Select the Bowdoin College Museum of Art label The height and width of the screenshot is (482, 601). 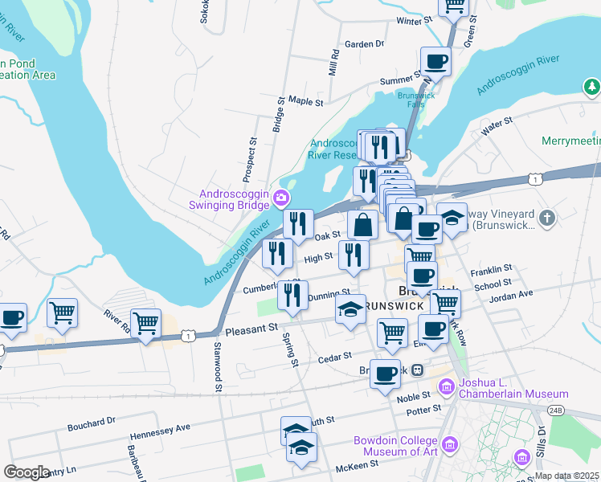[396, 447]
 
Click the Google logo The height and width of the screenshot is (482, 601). [27, 472]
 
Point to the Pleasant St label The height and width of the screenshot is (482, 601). [251, 329]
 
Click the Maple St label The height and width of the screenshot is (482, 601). [305, 102]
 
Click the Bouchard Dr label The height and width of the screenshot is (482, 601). [92, 420]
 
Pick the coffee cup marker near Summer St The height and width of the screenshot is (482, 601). [436, 61]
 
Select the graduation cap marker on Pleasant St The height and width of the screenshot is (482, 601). [350, 311]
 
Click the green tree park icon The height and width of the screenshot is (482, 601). [592, 86]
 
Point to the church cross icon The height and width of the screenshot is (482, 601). [546, 218]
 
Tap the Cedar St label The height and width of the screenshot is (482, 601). [337, 355]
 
